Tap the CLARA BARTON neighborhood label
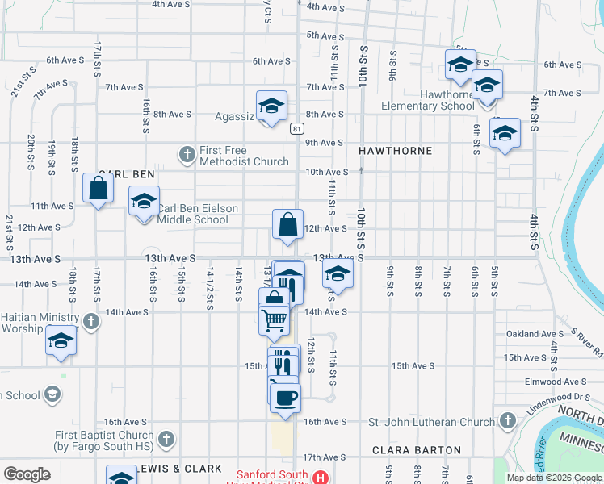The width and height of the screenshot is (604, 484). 417,450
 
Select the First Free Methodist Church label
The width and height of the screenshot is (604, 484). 244,156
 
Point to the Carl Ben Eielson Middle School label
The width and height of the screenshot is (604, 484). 198,214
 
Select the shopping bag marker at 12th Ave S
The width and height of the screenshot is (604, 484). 288,225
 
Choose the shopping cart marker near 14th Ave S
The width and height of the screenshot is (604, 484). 275,319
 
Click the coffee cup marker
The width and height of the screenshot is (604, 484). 284,397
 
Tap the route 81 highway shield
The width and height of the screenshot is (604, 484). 298,128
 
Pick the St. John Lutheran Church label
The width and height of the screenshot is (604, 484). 432,421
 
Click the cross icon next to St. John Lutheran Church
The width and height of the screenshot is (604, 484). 507,420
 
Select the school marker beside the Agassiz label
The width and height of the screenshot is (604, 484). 272,106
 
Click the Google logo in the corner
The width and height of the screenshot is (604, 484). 27,474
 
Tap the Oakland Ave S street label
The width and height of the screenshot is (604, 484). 535,333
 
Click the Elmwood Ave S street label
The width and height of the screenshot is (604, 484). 555,382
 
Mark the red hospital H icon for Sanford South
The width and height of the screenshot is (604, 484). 321,477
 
